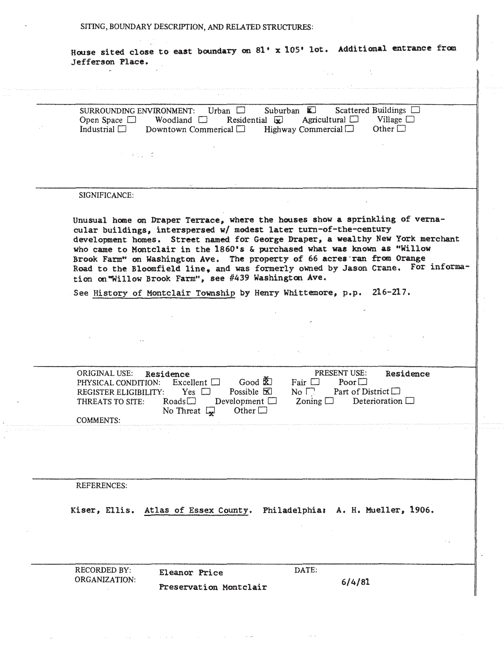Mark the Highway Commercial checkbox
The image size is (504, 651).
[x=349, y=129]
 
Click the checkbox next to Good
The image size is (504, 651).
[x=267, y=382]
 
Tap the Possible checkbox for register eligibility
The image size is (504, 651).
[x=267, y=391]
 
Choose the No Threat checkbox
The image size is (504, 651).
[x=210, y=411]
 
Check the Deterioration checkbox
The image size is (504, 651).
[x=410, y=401]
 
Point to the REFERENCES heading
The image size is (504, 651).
[x=101, y=486]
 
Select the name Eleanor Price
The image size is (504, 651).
[x=191, y=573]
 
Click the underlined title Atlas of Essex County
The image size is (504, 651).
[x=196, y=510]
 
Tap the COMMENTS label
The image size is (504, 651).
[x=98, y=420]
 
